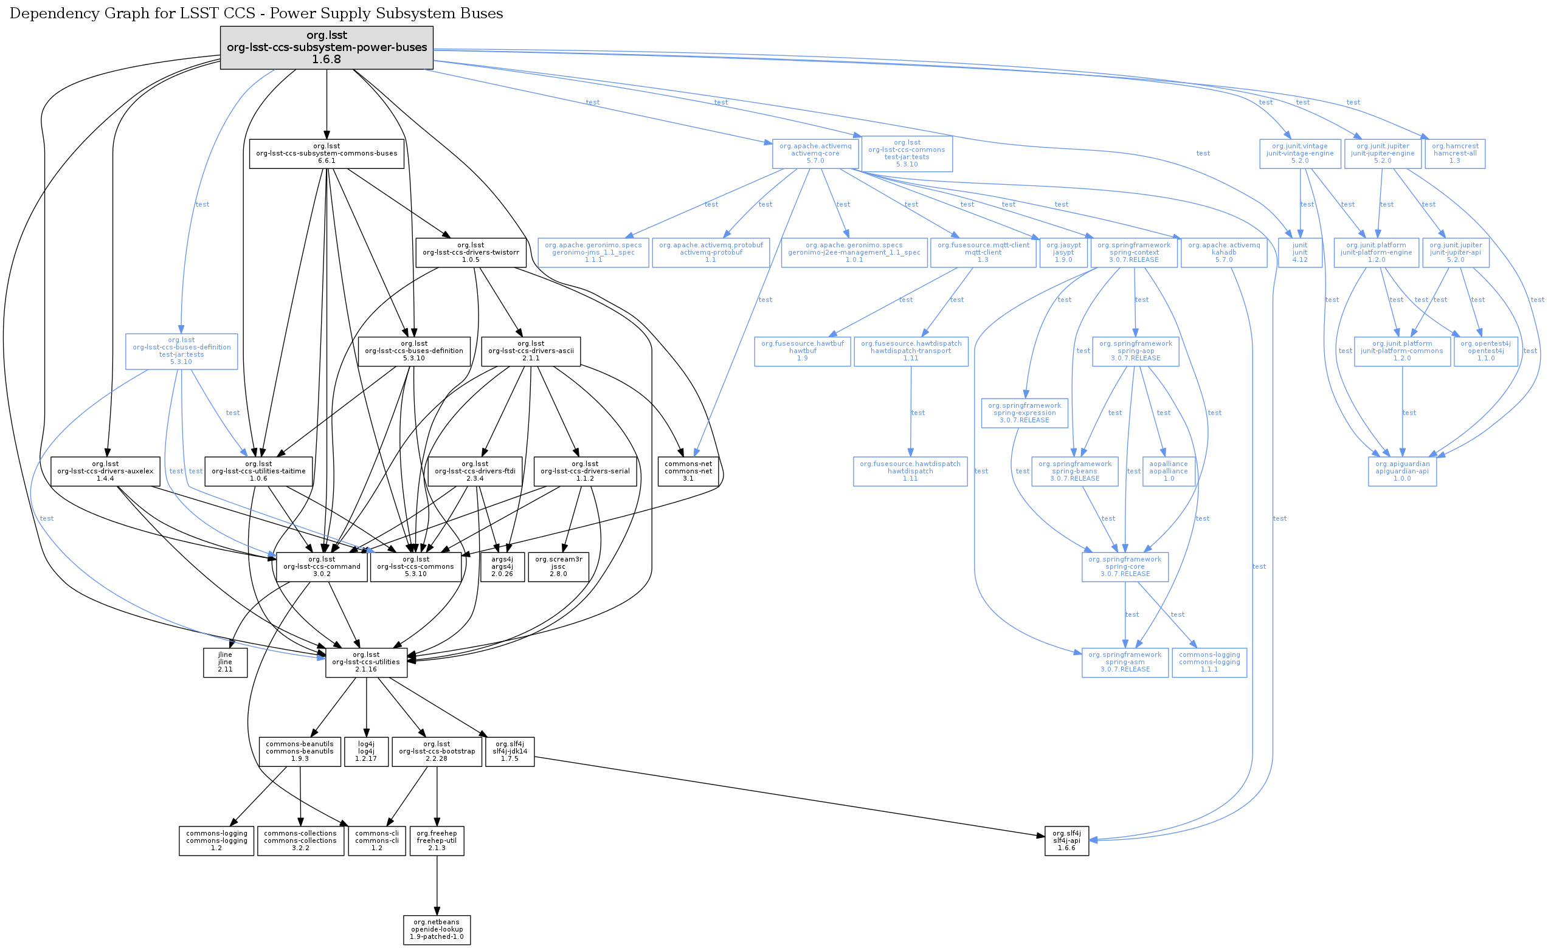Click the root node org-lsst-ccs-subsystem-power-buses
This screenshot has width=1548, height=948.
[x=327, y=48]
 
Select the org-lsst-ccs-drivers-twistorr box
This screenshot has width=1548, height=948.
[x=471, y=252]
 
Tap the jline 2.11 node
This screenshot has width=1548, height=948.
[x=225, y=662]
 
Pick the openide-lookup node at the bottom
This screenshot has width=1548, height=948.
[x=437, y=930]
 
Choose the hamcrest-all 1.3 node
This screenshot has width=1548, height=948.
[x=1455, y=153]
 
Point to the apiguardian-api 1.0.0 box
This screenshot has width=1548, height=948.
[x=1402, y=472]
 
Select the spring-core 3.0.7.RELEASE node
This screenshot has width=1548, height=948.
[x=1125, y=567]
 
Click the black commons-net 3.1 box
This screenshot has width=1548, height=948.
[x=688, y=472]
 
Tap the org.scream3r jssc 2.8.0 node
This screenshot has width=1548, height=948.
[x=559, y=567]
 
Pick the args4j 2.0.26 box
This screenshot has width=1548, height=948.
[x=502, y=567]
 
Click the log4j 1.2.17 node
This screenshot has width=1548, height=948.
[x=366, y=752]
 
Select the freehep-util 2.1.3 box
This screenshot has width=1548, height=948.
[x=437, y=840]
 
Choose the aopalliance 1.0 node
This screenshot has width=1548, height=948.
[x=1169, y=472]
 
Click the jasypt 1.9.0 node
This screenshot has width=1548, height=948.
[x=1063, y=252]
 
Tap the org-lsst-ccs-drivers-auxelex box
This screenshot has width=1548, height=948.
[x=105, y=472]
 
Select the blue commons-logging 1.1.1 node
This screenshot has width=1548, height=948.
[x=1209, y=662]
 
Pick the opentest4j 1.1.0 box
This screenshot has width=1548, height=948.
[x=1486, y=352]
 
